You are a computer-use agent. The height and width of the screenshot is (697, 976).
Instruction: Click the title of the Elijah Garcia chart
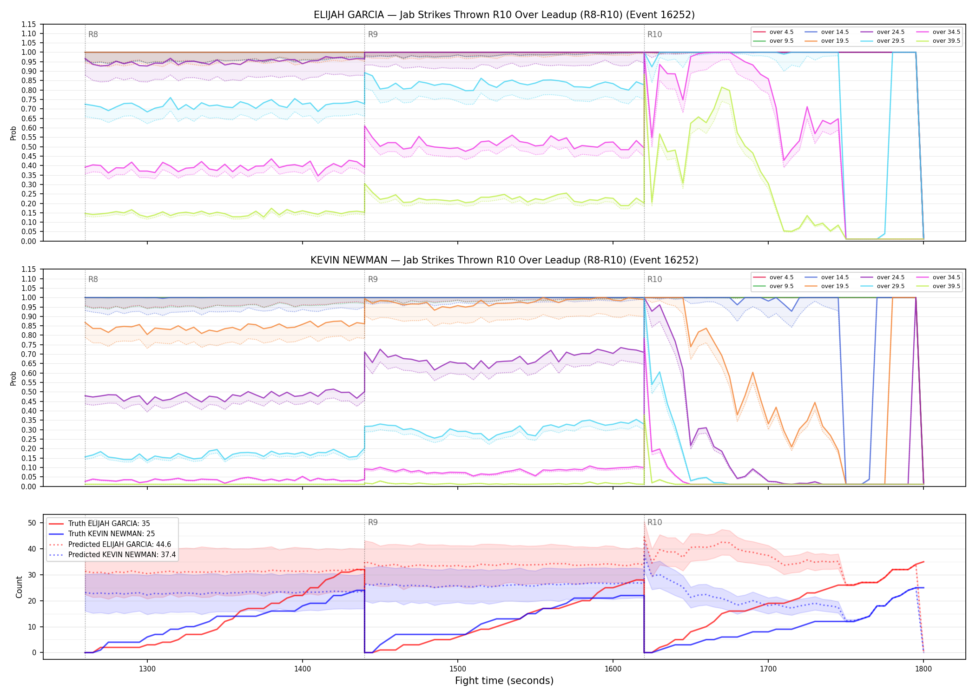coord(504,15)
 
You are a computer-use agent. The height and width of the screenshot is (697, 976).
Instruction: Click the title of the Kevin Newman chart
coord(504,260)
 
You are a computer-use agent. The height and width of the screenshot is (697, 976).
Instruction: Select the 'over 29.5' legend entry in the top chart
coord(883,41)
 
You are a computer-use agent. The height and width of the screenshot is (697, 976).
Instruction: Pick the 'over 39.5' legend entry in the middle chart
coord(938,286)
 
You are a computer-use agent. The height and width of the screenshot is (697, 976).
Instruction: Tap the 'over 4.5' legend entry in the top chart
coord(773,32)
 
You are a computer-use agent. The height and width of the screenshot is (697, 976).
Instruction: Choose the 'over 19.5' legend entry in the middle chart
coord(827,286)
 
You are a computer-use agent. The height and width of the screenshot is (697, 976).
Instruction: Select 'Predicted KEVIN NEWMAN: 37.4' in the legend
coord(112,555)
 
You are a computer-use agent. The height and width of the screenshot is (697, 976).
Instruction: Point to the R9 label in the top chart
coord(373,34)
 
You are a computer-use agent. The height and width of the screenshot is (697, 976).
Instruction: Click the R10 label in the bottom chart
coord(654,522)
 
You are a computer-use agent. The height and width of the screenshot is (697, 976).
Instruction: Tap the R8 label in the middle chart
coord(93,279)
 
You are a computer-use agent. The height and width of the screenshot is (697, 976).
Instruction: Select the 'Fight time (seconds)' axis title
coord(504,681)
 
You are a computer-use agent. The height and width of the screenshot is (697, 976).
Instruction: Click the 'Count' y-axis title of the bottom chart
coord(19,587)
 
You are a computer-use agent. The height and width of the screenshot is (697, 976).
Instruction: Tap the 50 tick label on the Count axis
coord(32,523)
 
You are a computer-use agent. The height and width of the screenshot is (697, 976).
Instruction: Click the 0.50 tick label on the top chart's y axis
coord(29,147)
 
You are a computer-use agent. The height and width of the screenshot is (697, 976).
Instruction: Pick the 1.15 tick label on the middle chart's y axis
coord(29,270)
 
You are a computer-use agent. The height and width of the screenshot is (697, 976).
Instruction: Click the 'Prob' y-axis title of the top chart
coord(13,133)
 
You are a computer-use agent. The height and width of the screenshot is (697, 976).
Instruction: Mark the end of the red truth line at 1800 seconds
coord(923,562)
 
